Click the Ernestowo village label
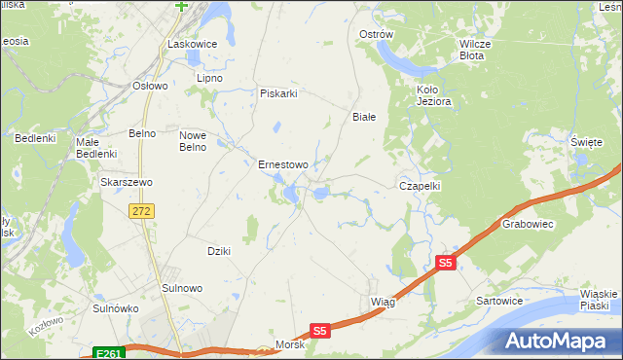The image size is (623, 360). [x=282, y=164]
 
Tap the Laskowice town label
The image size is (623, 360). [x=191, y=44]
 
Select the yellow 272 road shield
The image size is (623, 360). [x=143, y=211]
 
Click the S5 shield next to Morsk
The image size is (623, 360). [x=322, y=331]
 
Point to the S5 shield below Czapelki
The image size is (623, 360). [x=446, y=263]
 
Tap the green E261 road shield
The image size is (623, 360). [x=109, y=353]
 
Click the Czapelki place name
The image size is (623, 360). [x=421, y=185]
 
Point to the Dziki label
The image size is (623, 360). [x=218, y=251]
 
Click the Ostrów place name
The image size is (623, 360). [x=376, y=34]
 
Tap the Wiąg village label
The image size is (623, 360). [x=383, y=302]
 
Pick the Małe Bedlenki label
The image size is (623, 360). [x=96, y=148]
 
